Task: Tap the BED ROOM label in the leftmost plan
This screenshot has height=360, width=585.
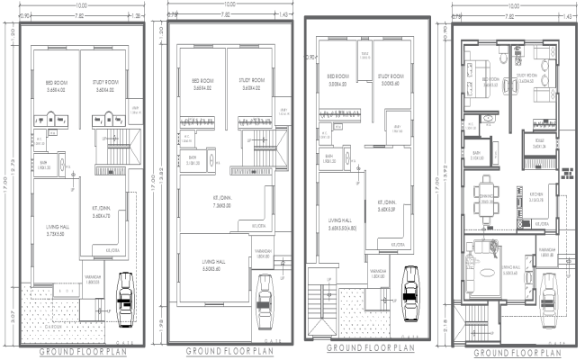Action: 55,88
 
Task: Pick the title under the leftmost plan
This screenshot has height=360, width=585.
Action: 83,351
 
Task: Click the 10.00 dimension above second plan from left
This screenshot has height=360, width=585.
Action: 220,4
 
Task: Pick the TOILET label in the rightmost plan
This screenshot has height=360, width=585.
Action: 540,141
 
